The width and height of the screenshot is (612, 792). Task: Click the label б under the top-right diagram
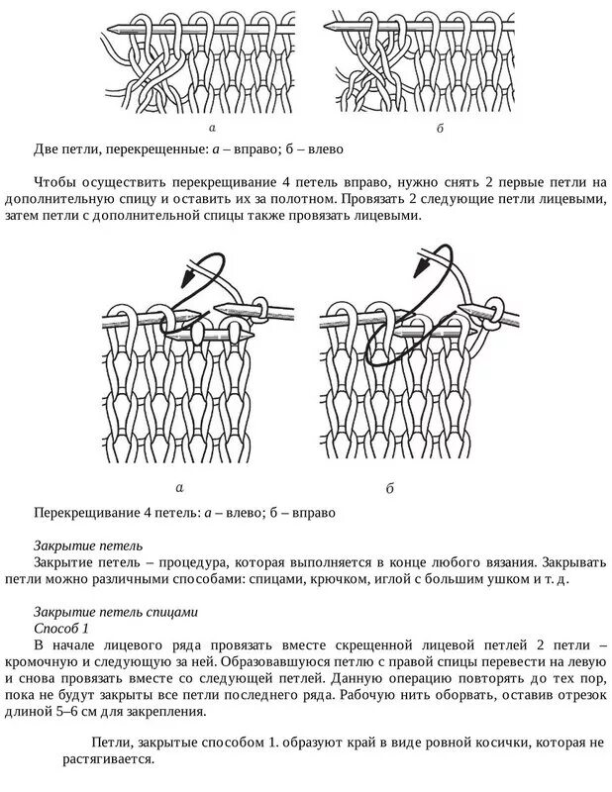click(x=441, y=129)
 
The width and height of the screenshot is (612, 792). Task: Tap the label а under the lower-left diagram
click(x=179, y=488)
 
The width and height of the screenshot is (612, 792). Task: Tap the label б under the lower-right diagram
click(x=390, y=488)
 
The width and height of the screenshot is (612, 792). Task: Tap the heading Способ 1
click(x=61, y=629)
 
